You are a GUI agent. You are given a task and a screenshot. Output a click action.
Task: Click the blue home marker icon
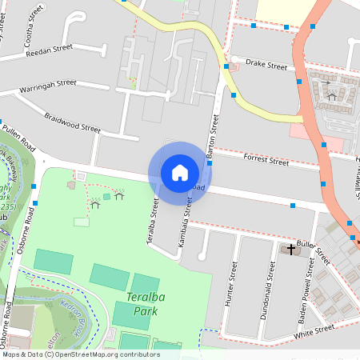pyautogui.click(x=180, y=172)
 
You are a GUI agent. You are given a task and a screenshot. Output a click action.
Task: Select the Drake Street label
pyautogui.click(x=266, y=63)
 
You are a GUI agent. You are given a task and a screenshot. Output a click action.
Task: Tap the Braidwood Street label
pyautogui.click(x=72, y=122)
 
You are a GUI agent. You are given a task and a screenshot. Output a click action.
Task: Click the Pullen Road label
pyautogui.click(x=19, y=137)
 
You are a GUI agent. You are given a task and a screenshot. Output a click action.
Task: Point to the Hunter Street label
pyautogui.click(x=232, y=279)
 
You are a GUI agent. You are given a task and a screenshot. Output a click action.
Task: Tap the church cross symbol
pyautogui.click(x=290, y=250)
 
